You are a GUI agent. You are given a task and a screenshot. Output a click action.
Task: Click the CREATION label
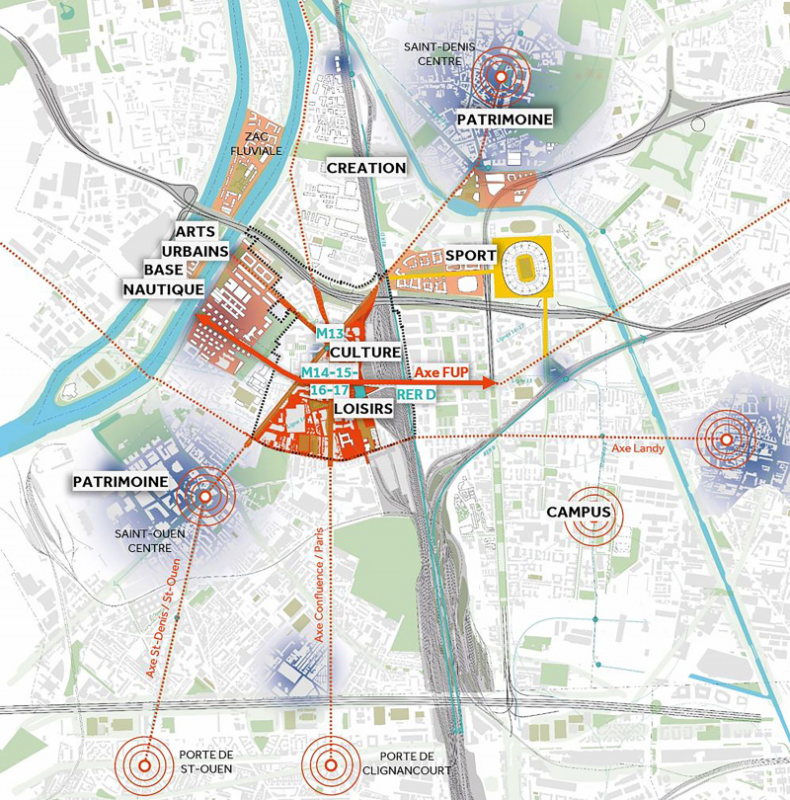(x=365, y=168)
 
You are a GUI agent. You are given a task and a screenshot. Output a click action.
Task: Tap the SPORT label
(x=470, y=256)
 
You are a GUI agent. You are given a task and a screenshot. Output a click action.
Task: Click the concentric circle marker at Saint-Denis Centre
(x=501, y=76)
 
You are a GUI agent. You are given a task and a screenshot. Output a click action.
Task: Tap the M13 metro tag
(x=329, y=335)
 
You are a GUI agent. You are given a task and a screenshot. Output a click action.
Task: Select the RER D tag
(x=416, y=394)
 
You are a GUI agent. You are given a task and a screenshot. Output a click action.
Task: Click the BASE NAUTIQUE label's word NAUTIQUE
(x=163, y=288)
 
